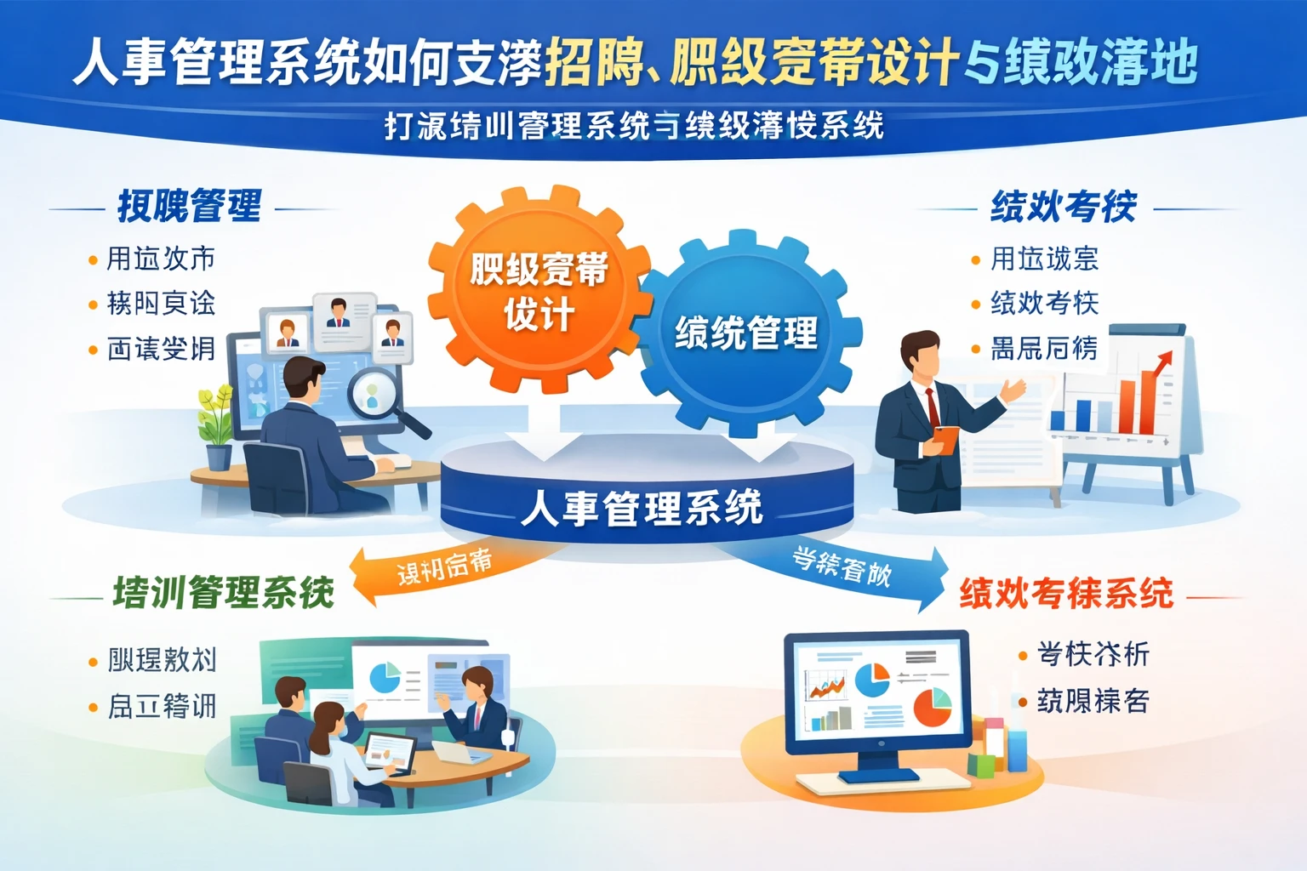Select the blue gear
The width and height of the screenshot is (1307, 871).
click(x=747, y=333)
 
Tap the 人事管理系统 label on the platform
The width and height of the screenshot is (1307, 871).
click(x=642, y=509)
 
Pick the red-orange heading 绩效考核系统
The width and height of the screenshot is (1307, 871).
click(x=1066, y=593)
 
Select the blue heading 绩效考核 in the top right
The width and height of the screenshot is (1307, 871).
click(x=1064, y=207)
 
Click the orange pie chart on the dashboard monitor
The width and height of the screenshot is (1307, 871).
click(x=933, y=708)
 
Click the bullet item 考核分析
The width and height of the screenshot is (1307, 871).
click(x=1093, y=654)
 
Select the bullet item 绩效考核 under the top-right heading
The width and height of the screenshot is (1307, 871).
click(x=1044, y=303)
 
